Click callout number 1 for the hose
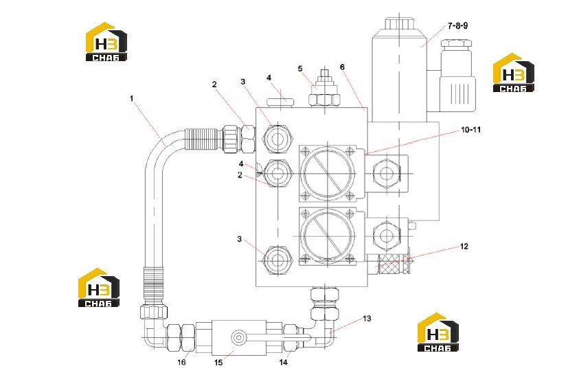click(x=132, y=98)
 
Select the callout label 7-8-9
click(x=457, y=25)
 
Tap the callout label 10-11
click(x=470, y=129)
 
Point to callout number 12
click(x=464, y=247)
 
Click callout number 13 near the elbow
click(x=367, y=319)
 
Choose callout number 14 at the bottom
click(x=283, y=361)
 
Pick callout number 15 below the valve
click(x=218, y=363)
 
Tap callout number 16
click(x=181, y=363)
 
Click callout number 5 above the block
click(x=300, y=69)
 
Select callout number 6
click(x=342, y=67)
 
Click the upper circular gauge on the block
click(x=328, y=173)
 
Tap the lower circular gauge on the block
click(x=328, y=236)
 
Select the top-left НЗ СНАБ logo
click(x=106, y=42)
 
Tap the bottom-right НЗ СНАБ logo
click(x=438, y=332)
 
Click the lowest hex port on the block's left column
click(x=278, y=260)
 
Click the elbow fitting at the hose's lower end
click(x=152, y=327)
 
